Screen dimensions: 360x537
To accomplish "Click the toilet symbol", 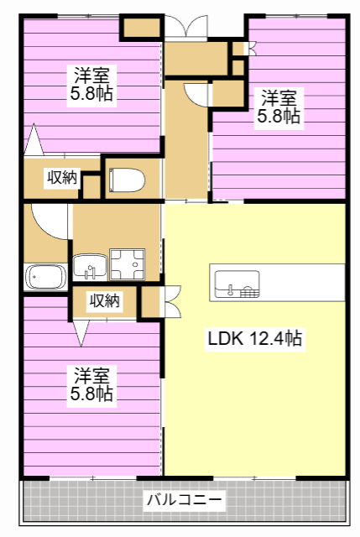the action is tap(127, 180).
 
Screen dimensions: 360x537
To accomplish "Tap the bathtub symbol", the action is tap(46, 276).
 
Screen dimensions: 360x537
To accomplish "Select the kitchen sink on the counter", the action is tap(237, 284).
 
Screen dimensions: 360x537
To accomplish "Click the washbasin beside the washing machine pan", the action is tap(90, 267).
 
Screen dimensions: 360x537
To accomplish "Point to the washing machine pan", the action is tap(127, 264).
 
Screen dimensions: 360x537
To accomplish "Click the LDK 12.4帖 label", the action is tap(255, 338).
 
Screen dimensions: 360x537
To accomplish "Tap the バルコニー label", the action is tap(185, 500).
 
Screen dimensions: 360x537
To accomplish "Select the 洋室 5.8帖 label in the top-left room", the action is tap(91, 84).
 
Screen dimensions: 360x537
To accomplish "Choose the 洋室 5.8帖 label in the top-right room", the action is tap(279, 107).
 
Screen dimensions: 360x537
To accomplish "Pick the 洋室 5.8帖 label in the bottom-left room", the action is tap(91, 384).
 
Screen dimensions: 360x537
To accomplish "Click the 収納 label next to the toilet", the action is tap(62, 177).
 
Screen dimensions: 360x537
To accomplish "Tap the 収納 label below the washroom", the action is tap(104, 300).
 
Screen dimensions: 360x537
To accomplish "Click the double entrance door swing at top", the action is tap(186, 27).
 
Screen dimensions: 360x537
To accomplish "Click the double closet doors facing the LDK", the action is tap(173, 302).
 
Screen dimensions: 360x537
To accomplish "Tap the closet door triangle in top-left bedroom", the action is tap(34, 139).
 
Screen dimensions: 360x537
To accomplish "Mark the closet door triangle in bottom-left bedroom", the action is tap(81, 333).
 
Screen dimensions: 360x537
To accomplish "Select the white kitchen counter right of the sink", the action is tap(302, 283).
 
